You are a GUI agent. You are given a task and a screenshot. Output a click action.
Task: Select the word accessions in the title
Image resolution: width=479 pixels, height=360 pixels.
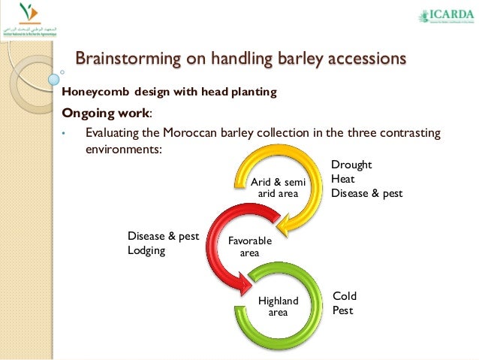point(363,58)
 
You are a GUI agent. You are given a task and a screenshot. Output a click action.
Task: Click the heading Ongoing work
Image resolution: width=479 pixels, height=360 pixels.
point(106,113)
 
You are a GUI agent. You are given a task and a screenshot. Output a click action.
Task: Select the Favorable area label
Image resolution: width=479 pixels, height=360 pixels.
point(249,247)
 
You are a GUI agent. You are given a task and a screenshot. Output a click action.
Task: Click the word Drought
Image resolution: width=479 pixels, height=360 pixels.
point(352,165)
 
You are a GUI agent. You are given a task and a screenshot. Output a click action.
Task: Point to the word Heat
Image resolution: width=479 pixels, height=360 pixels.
point(343,179)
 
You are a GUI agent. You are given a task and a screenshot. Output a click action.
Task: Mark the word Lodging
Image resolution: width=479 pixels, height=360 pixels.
point(146,250)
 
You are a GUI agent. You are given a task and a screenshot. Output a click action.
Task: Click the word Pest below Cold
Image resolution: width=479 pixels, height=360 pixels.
point(344,310)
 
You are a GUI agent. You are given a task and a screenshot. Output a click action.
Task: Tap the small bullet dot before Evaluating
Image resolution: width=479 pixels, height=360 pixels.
point(65,136)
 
